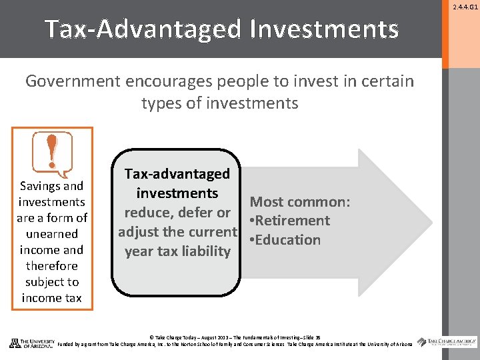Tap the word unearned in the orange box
(x=52, y=234)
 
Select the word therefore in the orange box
(x=52, y=266)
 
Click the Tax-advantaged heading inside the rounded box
(x=177, y=174)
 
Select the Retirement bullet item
(x=290, y=221)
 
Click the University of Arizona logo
(x=31, y=343)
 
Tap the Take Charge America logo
(x=447, y=342)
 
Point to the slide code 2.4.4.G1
(x=465, y=7)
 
